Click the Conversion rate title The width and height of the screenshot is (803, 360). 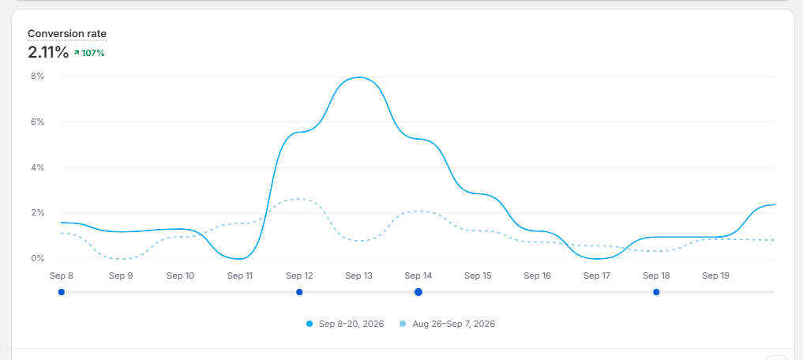click(x=67, y=34)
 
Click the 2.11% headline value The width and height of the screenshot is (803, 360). click(x=48, y=52)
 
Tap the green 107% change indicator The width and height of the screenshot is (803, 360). click(x=89, y=53)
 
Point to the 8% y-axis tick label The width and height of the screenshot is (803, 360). click(x=37, y=77)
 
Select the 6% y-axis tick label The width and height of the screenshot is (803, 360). click(x=37, y=122)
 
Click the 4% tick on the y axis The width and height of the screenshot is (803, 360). click(x=37, y=167)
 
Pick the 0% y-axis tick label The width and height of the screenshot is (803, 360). click(x=37, y=259)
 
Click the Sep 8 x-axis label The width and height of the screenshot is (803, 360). click(x=62, y=276)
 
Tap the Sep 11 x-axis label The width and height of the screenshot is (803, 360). click(x=240, y=276)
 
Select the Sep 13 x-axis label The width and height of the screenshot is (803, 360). click(x=359, y=276)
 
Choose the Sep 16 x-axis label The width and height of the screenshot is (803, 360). click(x=537, y=276)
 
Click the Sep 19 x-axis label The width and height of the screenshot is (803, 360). click(x=716, y=276)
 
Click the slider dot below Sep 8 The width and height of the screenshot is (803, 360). click(x=62, y=292)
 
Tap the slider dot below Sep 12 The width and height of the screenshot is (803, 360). click(x=299, y=292)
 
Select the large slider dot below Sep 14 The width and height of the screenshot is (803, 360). click(x=418, y=292)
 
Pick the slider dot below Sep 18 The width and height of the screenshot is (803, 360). click(x=656, y=292)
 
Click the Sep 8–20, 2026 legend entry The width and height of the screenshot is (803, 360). click(x=345, y=324)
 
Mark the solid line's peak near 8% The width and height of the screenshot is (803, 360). click(x=359, y=77)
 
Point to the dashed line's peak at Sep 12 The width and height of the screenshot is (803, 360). click(x=299, y=199)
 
